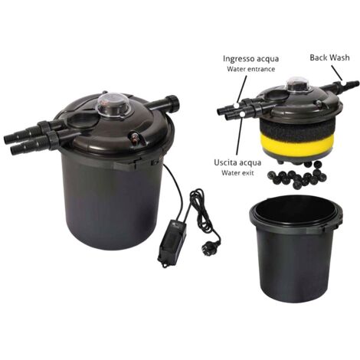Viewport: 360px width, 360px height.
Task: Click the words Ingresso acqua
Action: (x=250, y=59)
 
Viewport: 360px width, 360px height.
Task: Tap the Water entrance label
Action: (x=251, y=69)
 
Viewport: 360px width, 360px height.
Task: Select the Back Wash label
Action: (x=329, y=57)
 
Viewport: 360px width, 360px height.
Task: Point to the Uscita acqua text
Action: (x=237, y=162)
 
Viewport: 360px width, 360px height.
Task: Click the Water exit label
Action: (x=237, y=173)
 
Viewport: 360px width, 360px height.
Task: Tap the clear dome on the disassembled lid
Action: (x=298, y=83)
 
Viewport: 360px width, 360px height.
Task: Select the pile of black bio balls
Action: (x=297, y=176)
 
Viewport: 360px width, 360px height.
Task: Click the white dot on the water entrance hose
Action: (x=237, y=105)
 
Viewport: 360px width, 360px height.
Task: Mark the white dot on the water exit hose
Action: (x=242, y=114)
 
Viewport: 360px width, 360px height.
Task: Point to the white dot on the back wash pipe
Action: (x=343, y=83)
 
